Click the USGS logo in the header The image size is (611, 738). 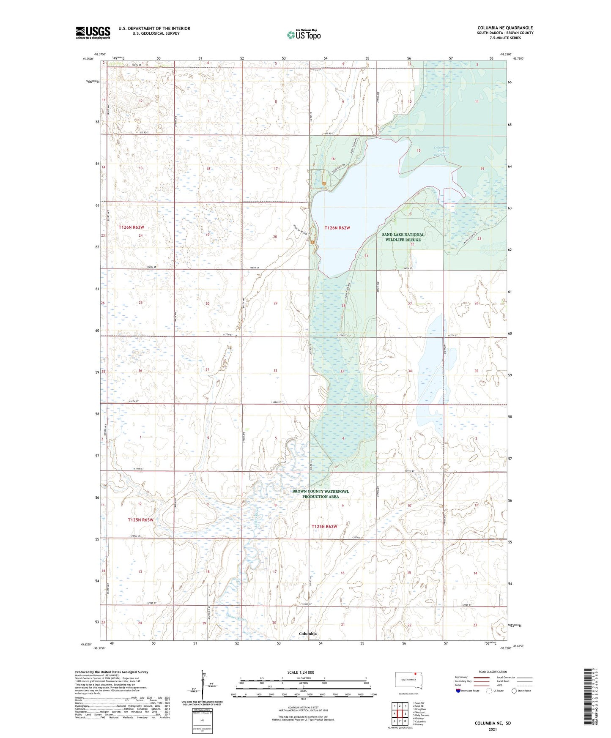(x=93, y=33)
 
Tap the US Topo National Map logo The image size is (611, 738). (x=303, y=34)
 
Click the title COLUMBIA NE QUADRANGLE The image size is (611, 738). (x=505, y=28)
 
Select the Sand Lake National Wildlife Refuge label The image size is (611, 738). (x=403, y=237)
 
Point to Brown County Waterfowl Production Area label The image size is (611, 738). (x=321, y=494)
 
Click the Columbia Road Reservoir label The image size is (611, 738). (x=441, y=151)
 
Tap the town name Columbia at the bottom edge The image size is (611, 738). (x=307, y=634)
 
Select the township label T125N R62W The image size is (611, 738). (x=324, y=527)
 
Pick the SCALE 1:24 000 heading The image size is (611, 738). (x=301, y=672)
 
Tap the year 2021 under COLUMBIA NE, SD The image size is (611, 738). (x=492, y=730)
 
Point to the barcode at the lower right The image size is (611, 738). (x=588, y=702)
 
